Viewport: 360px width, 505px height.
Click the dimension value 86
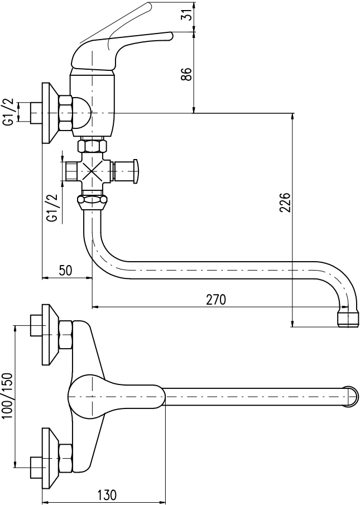click(x=188, y=74)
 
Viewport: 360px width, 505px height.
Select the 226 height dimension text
click(x=285, y=202)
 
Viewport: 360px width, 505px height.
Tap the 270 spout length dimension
click(x=216, y=299)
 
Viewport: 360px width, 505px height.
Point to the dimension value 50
click(x=65, y=270)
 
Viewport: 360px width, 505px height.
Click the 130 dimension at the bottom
click(x=107, y=494)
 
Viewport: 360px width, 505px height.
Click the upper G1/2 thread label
click(x=9, y=112)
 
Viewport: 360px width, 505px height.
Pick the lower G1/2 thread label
click(x=53, y=208)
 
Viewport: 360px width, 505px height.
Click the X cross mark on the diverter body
click(x=93, y=171)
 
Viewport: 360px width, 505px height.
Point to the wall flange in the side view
click(x=50, y=113)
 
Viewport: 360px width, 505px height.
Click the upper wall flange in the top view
click(x=50, y=335)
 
